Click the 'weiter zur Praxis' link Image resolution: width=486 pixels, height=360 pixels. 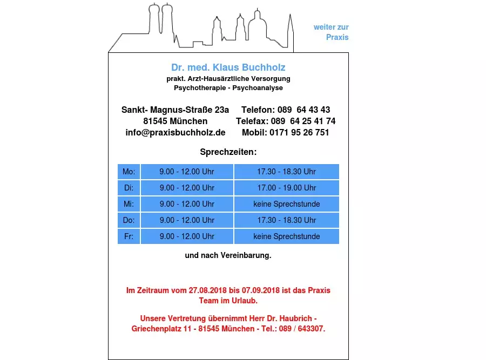tap(331, 32)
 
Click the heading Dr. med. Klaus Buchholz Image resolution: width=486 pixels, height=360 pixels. tap(228, 67)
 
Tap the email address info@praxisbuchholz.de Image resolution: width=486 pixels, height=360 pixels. tap(175, 132)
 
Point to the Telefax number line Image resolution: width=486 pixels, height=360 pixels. tap(286, 121)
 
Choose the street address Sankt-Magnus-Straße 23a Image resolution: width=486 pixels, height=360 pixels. tap(175, 110)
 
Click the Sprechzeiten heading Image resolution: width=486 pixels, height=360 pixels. tap(228, 152)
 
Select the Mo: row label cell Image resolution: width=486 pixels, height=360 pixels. tap(129, 172)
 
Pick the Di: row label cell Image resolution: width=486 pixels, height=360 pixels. tap(129, 188)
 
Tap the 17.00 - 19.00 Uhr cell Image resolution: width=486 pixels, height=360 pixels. tap(286, 188)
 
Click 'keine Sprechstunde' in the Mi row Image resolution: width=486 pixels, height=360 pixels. tap(286, 204)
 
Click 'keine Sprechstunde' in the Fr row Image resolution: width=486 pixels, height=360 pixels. tap(286, 236)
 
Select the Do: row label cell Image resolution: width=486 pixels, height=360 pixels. tap(129, 220)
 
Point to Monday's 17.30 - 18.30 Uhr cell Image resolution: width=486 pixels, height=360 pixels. tap(286, 172)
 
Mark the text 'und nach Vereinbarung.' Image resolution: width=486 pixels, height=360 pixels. tap(228, 255)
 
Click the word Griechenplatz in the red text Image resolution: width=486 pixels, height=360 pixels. tap(156, 329)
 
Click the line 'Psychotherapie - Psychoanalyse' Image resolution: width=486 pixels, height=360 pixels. tap(228, 87)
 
